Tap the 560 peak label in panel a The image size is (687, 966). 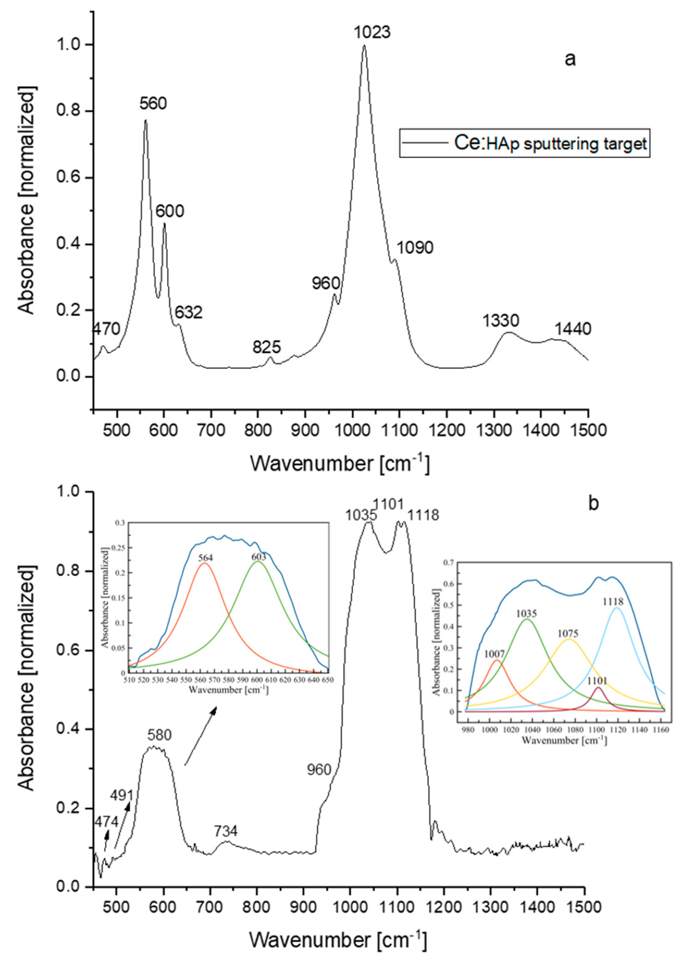[x=153, y=104]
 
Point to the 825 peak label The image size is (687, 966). [x=267, y=347]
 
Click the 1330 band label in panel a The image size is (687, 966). [x=501, y=321]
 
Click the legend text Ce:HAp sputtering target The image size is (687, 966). [x=550, y=144]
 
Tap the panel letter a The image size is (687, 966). [x=570, y=59]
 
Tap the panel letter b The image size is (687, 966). [x=593, y=504]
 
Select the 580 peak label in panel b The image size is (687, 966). [x=159, y=735]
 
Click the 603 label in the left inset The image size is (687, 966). [x=258, y=557]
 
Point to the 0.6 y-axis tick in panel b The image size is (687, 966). [x=67, y=651]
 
